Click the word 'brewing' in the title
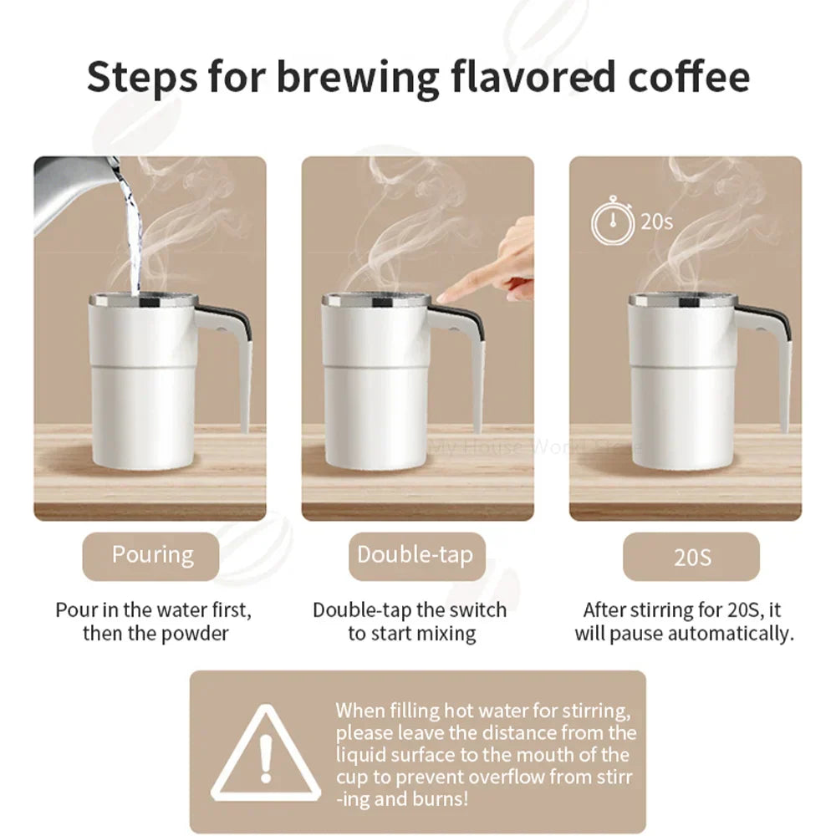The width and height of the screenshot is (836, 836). [x=354, y=77]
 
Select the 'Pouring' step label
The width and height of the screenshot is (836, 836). [x=152, y=555]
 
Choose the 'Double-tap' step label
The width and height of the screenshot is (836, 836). [x=415, y=555]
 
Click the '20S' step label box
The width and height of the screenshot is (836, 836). [x=691, y=557]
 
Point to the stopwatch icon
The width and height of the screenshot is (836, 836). [x=612, y=222]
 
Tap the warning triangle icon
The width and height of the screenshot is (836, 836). [x=266, y=754]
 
